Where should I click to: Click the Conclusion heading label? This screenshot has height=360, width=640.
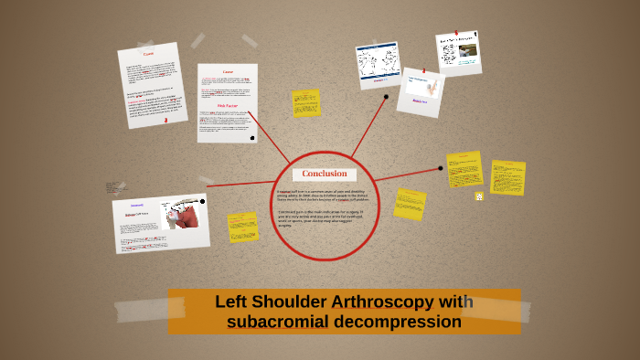point(325,174)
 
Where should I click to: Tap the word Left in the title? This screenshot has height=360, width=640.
point(232,302)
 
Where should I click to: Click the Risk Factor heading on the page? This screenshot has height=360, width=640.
point(227,105)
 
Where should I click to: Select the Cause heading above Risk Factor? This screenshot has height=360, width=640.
point(228,72)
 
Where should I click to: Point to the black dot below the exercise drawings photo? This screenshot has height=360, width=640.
point(386,96)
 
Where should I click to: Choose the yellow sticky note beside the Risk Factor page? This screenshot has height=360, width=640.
point(306,103)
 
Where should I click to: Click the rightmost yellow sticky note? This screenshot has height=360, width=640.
point(507,177)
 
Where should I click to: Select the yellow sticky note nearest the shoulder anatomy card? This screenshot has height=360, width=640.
point(243,227)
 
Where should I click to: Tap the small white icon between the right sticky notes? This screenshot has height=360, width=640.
point(478,196)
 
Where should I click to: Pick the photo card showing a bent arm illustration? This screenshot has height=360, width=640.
point(421,91)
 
